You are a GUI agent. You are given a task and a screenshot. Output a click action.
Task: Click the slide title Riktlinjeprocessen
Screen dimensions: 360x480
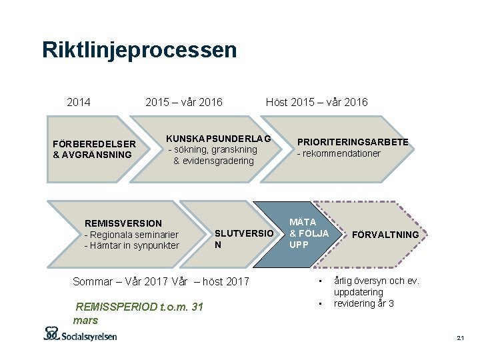139,50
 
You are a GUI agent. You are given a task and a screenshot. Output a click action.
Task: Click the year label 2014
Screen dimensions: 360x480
79,102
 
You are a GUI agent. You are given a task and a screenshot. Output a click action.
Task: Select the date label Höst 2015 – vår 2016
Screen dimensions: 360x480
317,102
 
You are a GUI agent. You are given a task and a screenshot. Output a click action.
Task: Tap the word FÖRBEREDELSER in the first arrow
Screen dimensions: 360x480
94,144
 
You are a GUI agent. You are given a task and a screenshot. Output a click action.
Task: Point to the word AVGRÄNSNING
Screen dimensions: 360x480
97,155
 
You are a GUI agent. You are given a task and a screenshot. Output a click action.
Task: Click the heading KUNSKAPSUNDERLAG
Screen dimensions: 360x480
219,139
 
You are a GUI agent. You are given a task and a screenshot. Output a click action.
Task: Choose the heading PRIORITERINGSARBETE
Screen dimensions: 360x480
353,142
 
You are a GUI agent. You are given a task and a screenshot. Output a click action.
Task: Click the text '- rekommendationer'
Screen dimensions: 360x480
339,153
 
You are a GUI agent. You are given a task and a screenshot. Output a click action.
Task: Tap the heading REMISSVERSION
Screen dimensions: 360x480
123,223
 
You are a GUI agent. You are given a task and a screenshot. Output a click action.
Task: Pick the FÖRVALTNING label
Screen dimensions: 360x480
385,235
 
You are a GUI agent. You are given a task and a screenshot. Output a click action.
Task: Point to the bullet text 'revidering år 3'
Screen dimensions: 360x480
364,303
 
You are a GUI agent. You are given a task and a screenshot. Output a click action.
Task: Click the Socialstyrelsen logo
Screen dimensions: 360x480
80,334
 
